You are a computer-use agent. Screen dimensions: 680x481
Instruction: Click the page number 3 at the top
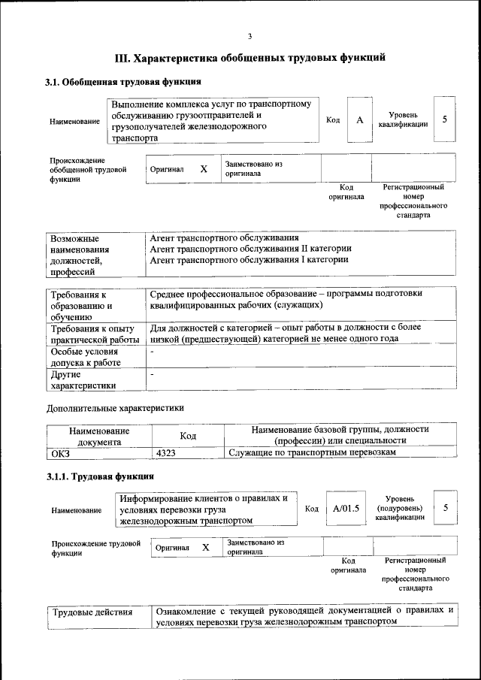coord(250,37)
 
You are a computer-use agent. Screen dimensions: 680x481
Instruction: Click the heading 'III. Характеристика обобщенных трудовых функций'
coord(250,57)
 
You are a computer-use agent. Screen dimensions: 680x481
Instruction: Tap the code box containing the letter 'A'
coord(360,119)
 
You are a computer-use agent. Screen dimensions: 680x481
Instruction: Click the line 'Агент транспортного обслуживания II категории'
coord(250,248)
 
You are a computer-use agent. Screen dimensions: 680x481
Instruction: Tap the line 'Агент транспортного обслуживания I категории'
coord(249,259)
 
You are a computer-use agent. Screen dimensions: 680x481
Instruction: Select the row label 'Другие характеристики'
coord(83,379)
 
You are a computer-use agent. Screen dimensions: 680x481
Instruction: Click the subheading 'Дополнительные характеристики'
coord(115,408)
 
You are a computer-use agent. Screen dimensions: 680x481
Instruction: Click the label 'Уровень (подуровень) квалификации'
coord(403,509)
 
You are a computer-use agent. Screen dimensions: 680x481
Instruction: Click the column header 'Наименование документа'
coord(99,436)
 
